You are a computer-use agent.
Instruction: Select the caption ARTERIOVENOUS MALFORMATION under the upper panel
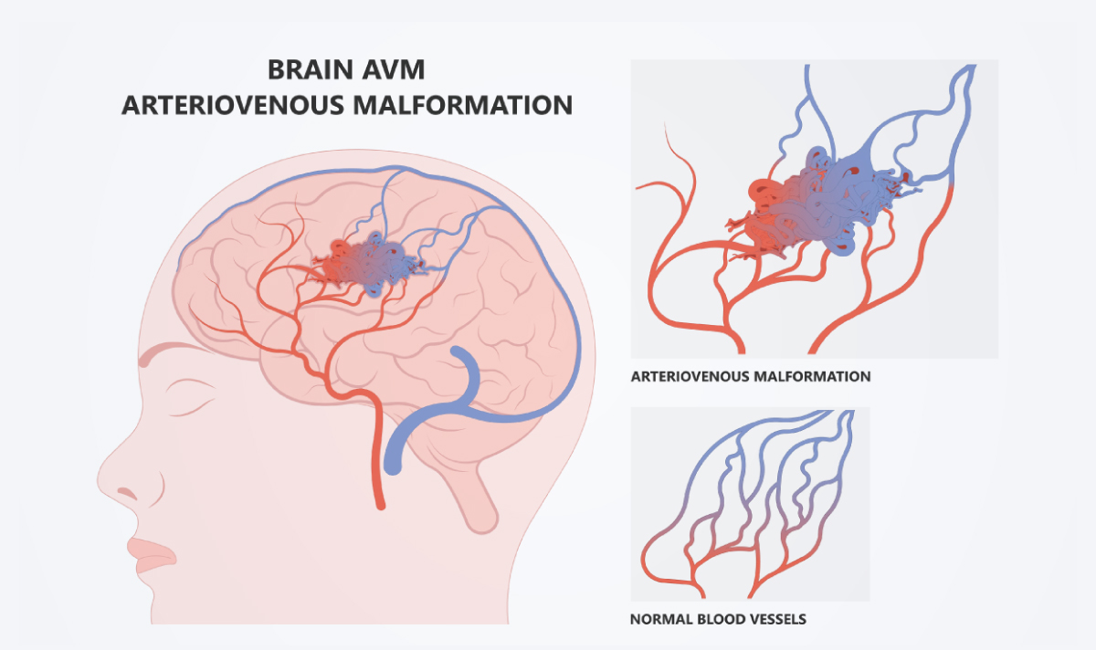coord(750,375)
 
